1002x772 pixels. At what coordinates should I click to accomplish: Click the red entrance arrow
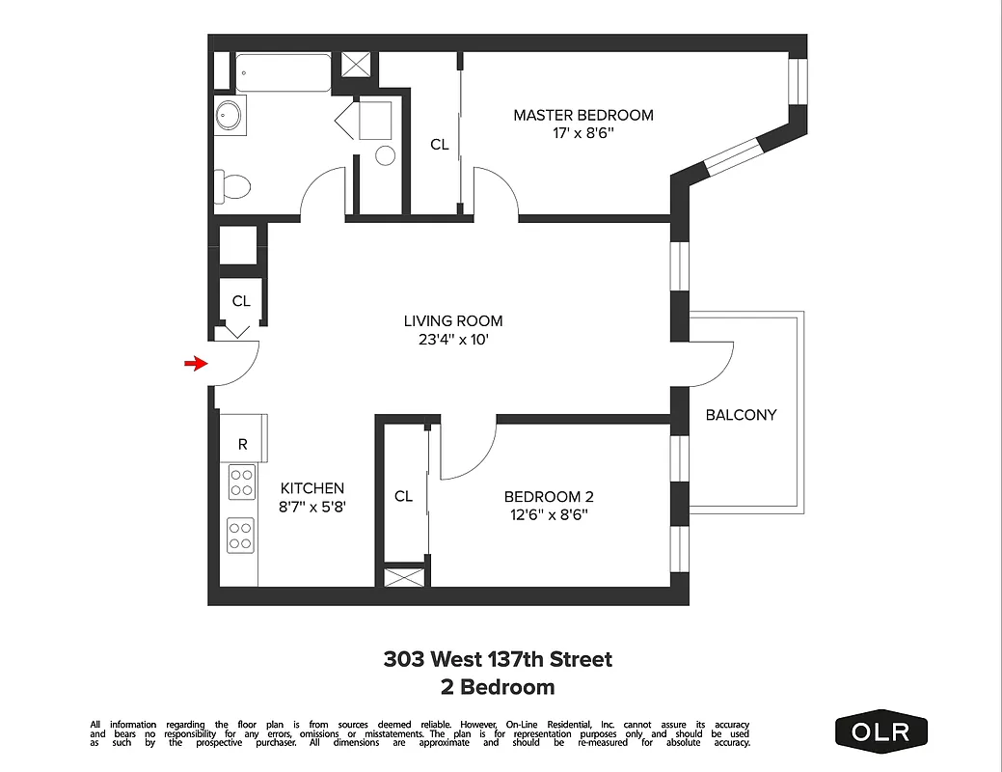(x=196, y=364)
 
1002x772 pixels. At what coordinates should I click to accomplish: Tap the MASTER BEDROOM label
(x=582, y=115)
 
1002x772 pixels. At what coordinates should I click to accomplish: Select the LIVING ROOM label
(x=452, y=321)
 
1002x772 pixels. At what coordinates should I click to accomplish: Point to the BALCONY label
(x=741, y=415)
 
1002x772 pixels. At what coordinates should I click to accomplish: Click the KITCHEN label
(x=311, y=488)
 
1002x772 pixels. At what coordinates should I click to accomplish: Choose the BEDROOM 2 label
(x=549, y=497)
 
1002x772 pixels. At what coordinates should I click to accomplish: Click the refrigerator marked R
(x=243, y=445)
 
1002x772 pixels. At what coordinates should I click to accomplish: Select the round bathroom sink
(x=229, y=116)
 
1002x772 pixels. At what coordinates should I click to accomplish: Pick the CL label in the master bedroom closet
(x=439, y=145)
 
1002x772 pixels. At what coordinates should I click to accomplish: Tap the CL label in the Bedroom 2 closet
(x=403, y=496)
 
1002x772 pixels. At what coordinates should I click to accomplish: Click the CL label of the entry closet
(x=240, y=301)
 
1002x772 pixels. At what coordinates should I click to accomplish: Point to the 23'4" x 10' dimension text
(x=452, y=340)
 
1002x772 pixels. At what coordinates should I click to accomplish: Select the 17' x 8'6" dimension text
(x=582, y=133)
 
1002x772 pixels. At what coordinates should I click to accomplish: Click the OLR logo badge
(x=880, y=731)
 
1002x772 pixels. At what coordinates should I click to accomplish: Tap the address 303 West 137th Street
(x=498, y=660)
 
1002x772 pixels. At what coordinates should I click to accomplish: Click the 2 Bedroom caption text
(x=498, y=687)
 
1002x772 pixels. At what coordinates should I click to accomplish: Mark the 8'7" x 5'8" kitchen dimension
(x=311, y=506)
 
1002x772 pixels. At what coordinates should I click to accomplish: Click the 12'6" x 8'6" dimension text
(x=549, y=514)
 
